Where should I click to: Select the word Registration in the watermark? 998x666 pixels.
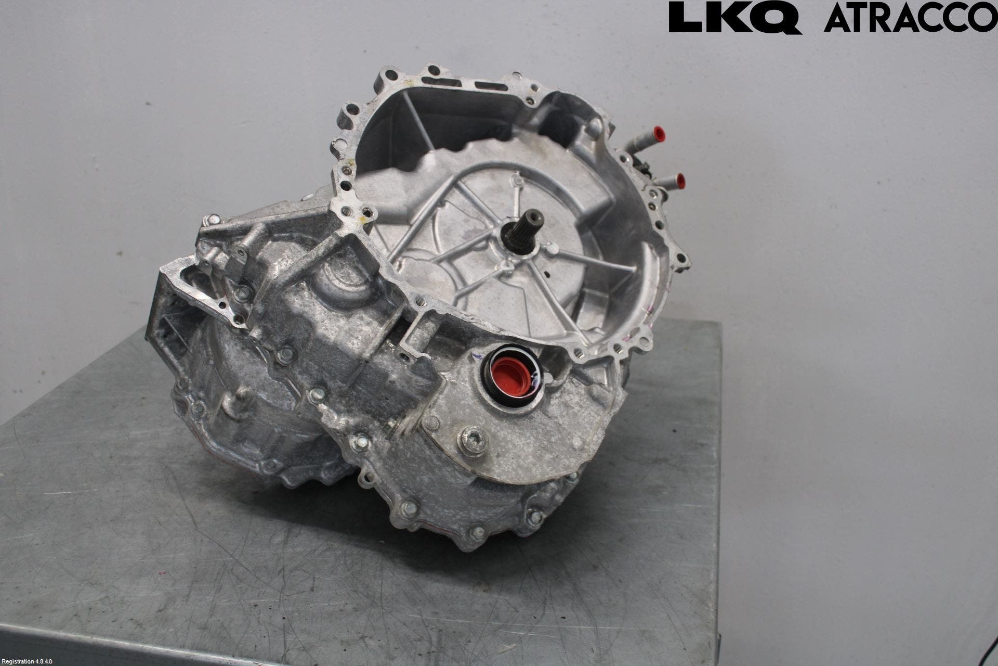pyautogui.click(x=18, y=662)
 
